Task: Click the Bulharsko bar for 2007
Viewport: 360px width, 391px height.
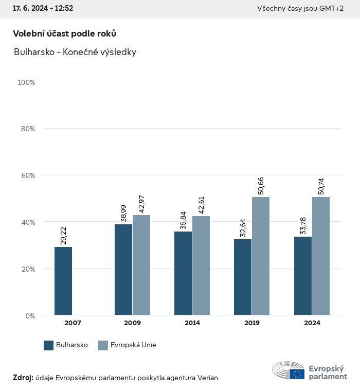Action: pyautogui.click(x=63, y=281)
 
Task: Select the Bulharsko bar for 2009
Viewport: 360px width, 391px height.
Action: pyautogui.click(x=123, y=270)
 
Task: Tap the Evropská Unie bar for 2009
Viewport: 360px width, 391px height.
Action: pyautogui.click(x=141, y=265)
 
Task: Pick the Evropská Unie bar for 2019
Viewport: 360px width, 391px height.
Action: pyautogui.click(x=261, y=256)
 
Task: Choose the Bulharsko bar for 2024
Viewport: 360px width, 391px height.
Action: pyautogui.click(x=303, y=276)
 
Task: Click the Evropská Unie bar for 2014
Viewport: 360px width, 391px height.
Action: pyautogui.click(x=201, y=265)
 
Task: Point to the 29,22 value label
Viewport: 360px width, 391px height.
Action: pyautogui.click(x=64, y=235)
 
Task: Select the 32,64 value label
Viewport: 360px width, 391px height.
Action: pyautogui.click(x=243, y=227)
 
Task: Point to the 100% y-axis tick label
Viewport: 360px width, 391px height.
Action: pyautogui.click(x=26, y=82)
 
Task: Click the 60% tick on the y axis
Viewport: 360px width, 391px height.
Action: pyautogui.click(x=28, y=175)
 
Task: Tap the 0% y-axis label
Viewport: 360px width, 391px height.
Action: pyautogui.click(x=30, y=315)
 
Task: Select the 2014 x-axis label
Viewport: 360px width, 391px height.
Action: pyautogui.click(x=192, y=323)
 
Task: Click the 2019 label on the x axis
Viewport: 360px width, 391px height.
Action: pyautogui.click(x=252, y=323)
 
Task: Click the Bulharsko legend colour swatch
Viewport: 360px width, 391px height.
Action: pyautogui.click(x=49, y=345)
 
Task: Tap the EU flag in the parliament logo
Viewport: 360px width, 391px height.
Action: pyautogui.click(x=297, y=374)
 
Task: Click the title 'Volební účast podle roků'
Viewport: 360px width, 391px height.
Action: pyautogui.click(x=64, y=33)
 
